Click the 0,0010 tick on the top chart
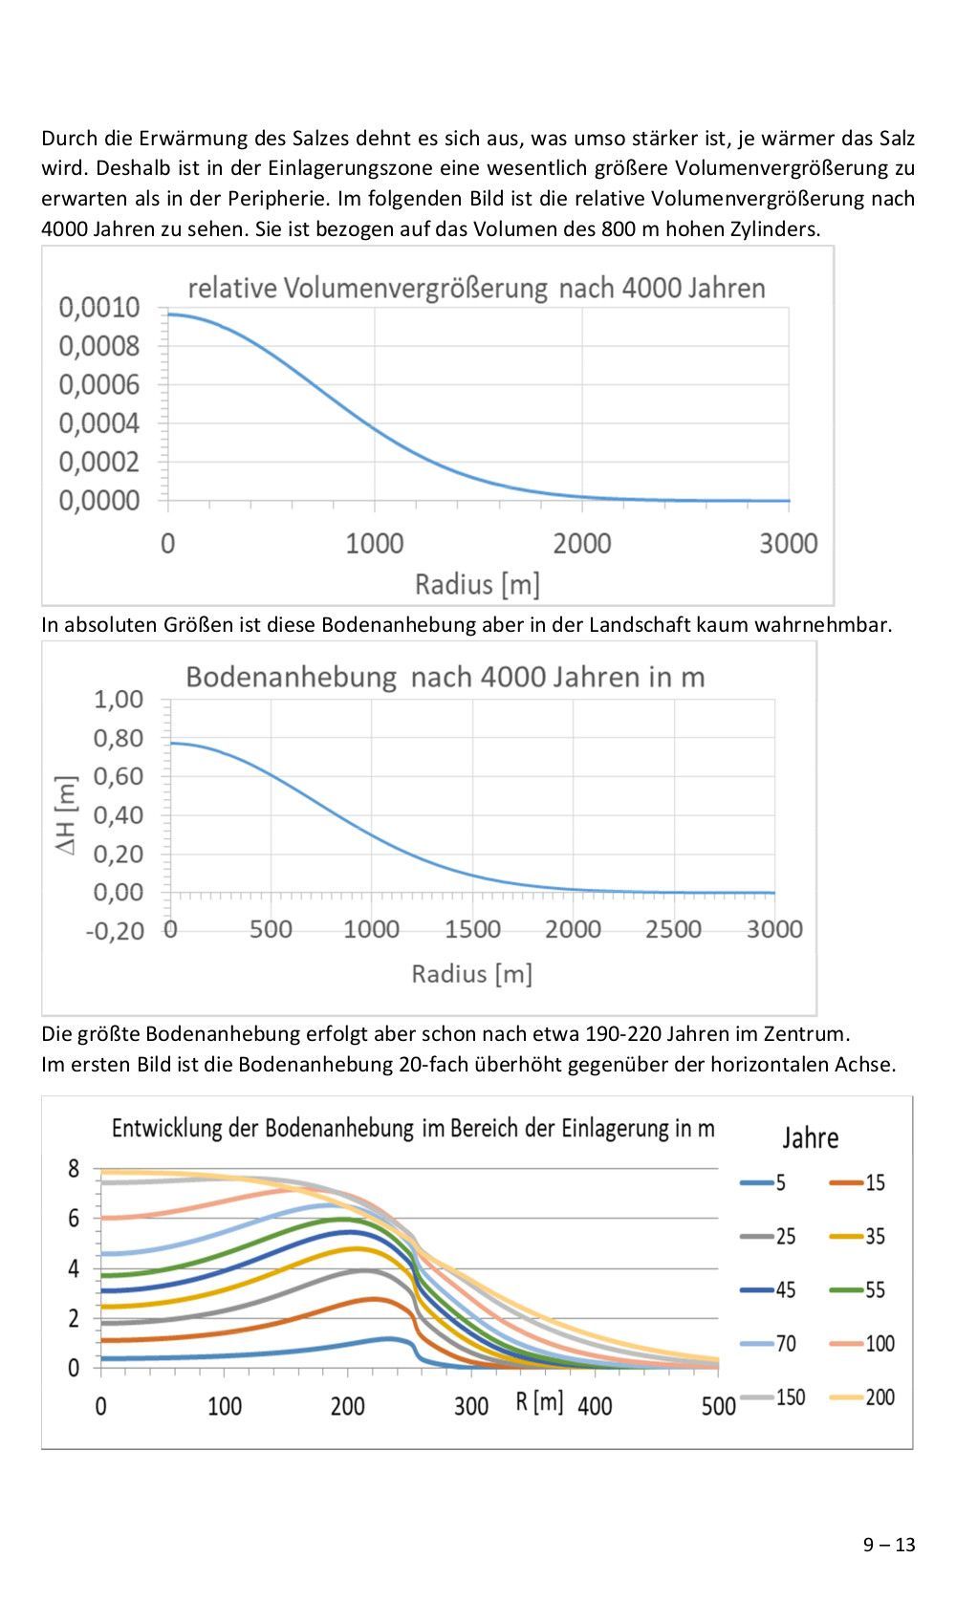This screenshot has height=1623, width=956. click(x=99, y=308)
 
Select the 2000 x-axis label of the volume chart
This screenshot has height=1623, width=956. click(x=581, y=544)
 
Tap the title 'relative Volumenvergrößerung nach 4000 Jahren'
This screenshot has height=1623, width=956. click(x=476, y=288)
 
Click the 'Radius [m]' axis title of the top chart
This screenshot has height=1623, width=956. click(x=476, y=584)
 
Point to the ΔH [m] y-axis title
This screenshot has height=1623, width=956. click(x=66, y=815)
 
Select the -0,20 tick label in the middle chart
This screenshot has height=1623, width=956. click(x=115, y=931)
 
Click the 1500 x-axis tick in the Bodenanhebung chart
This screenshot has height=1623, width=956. click(x=472, y=929)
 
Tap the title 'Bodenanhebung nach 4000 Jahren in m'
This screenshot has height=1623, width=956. click(x=445, y=677)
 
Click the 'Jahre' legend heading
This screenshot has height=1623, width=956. click(x=810, y=1138)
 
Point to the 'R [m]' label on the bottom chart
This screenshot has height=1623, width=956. click(x=539, y=1401)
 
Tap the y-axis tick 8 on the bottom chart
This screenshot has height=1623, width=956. click(x=74, y=1168)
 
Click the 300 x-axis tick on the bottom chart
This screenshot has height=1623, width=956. click(x=470, y=1407)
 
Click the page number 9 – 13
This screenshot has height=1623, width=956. click(x=889, y=1545)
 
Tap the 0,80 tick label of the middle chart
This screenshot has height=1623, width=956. click(x=119, y=738)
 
